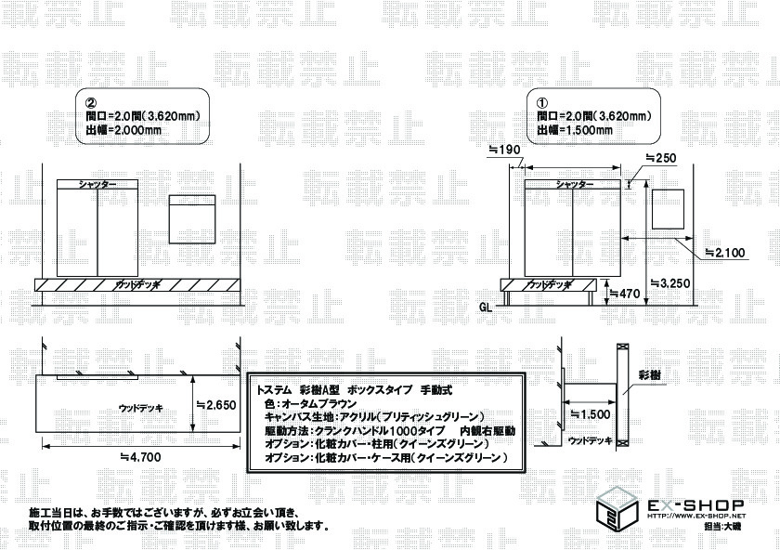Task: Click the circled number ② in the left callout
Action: pos(91,102)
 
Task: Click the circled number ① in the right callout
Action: pos(543,102)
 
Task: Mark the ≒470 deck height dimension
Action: pos(627,294)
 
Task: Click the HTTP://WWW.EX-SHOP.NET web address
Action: pos(695,517)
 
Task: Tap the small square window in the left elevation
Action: pos(192,219)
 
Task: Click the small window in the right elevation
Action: pos(665,208)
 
